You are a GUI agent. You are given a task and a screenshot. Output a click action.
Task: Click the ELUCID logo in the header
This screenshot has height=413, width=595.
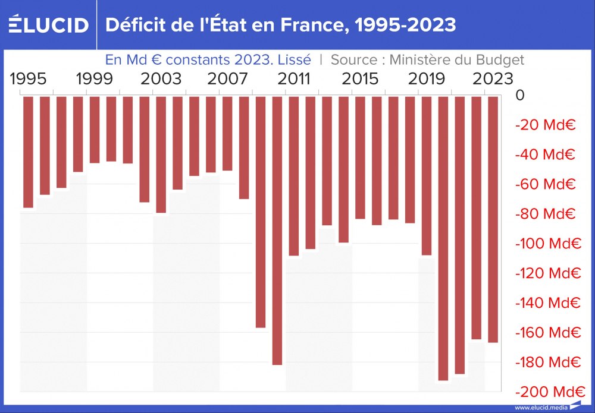(49, 25)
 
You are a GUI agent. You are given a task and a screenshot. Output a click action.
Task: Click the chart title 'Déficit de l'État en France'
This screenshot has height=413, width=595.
(280, 25)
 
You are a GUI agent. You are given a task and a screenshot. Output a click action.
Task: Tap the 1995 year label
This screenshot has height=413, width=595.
(29, 78)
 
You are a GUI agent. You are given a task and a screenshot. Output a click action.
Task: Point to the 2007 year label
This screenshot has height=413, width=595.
(227, 78)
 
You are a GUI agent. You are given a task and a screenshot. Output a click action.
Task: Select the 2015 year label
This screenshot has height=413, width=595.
(360, 78)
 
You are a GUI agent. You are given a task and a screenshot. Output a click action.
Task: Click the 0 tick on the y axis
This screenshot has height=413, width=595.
(520, 95)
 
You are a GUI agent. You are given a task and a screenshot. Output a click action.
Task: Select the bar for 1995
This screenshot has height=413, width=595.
(29, 152)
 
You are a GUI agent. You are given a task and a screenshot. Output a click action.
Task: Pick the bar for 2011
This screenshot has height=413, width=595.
(294, 175)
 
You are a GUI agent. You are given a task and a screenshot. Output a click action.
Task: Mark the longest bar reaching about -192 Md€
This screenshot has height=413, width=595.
(443, 238)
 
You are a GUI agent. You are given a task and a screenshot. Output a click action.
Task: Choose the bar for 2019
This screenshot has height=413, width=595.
(427, 175)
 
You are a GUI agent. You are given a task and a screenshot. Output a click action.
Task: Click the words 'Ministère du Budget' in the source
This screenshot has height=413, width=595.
(456, 60)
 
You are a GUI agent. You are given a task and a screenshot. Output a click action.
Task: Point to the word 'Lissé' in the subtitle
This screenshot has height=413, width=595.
(294, 60)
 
